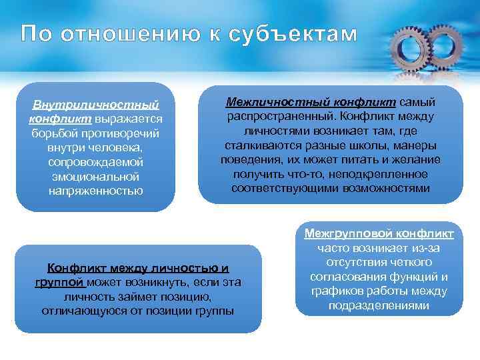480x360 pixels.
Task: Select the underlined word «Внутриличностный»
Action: [95, 105]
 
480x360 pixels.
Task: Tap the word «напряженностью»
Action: [95, 191]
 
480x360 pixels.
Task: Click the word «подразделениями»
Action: [379, 305]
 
